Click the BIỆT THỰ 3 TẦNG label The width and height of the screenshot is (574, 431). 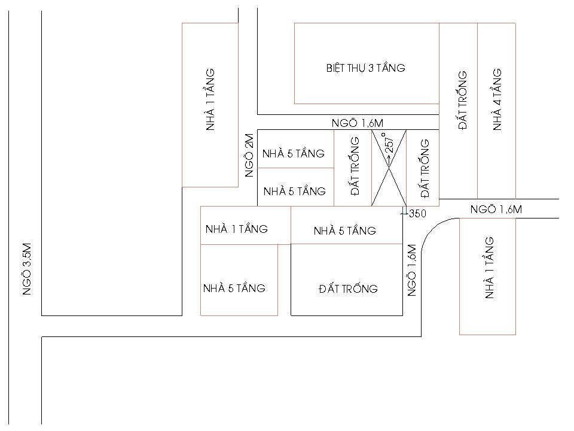366,68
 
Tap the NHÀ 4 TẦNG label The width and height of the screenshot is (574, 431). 497,99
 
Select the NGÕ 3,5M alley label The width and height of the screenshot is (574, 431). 27,269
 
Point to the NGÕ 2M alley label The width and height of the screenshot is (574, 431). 249,156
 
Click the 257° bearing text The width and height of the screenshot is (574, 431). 389,142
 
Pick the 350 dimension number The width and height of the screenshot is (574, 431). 417,214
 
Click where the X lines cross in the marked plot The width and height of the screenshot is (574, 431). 389,168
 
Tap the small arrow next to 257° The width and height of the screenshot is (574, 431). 389,158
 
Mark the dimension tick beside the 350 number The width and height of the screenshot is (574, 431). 404,213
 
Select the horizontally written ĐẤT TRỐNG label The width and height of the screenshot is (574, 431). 348,289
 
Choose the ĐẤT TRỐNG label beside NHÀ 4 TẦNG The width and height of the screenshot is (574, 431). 462,100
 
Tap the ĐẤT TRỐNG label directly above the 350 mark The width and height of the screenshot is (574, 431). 425,169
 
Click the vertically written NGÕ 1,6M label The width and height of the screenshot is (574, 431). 411,270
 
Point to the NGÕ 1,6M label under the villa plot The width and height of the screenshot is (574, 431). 358,123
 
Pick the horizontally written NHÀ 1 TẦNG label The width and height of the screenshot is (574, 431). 237,229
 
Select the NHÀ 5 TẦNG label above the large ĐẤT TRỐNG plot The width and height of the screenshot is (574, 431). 345,230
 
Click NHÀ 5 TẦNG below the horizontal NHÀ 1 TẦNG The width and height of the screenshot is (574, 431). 234,289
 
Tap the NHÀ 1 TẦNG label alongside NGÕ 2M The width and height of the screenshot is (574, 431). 210,99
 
